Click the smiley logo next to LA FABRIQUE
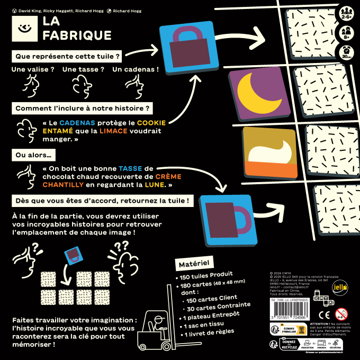23,28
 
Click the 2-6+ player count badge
347,13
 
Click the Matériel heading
192,263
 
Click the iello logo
337,286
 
